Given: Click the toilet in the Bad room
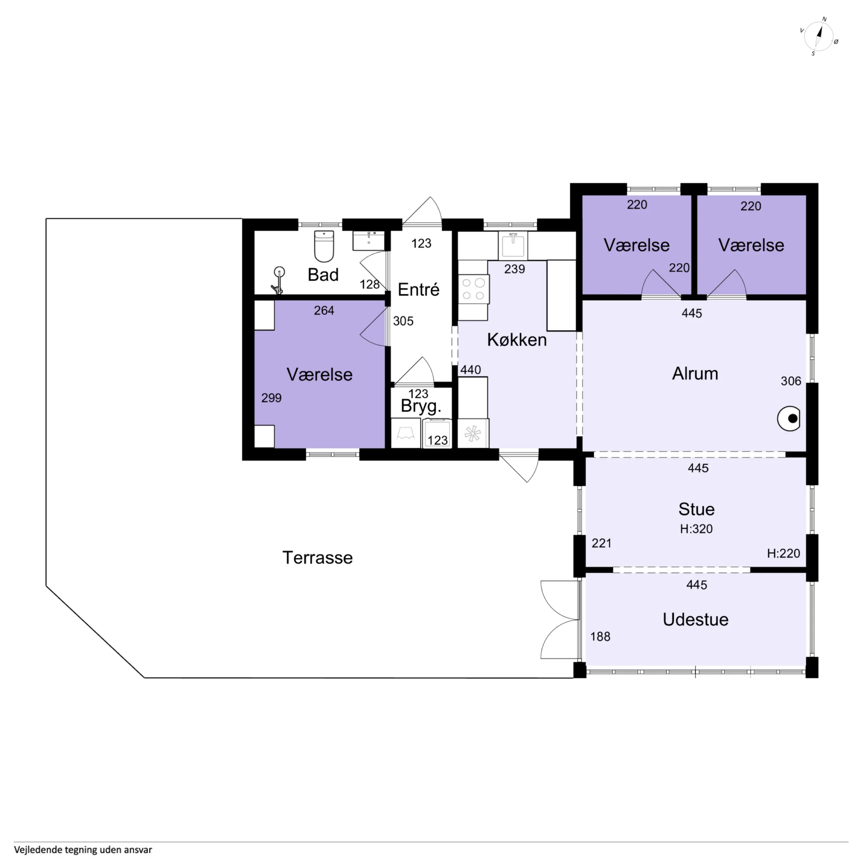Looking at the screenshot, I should (324, 246).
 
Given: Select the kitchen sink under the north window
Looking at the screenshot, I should (513, 245).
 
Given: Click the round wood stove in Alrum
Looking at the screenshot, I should (790, 419).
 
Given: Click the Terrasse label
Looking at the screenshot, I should (318, 558).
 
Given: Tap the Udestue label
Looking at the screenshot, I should (696, 619).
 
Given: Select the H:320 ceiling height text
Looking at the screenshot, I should (696, 529).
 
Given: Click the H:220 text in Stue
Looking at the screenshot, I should (783, 553).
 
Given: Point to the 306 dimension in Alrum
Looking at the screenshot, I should (791, 381).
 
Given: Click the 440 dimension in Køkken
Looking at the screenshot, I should (471, 370).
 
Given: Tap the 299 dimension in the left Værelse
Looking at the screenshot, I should (272, 398).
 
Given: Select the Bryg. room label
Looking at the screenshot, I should (421, 406).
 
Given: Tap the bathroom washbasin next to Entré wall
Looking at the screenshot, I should (368, 241).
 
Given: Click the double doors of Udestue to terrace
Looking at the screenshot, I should (559, 620).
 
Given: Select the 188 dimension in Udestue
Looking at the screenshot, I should (600, 636).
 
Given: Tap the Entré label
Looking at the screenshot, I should (419, 290).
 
